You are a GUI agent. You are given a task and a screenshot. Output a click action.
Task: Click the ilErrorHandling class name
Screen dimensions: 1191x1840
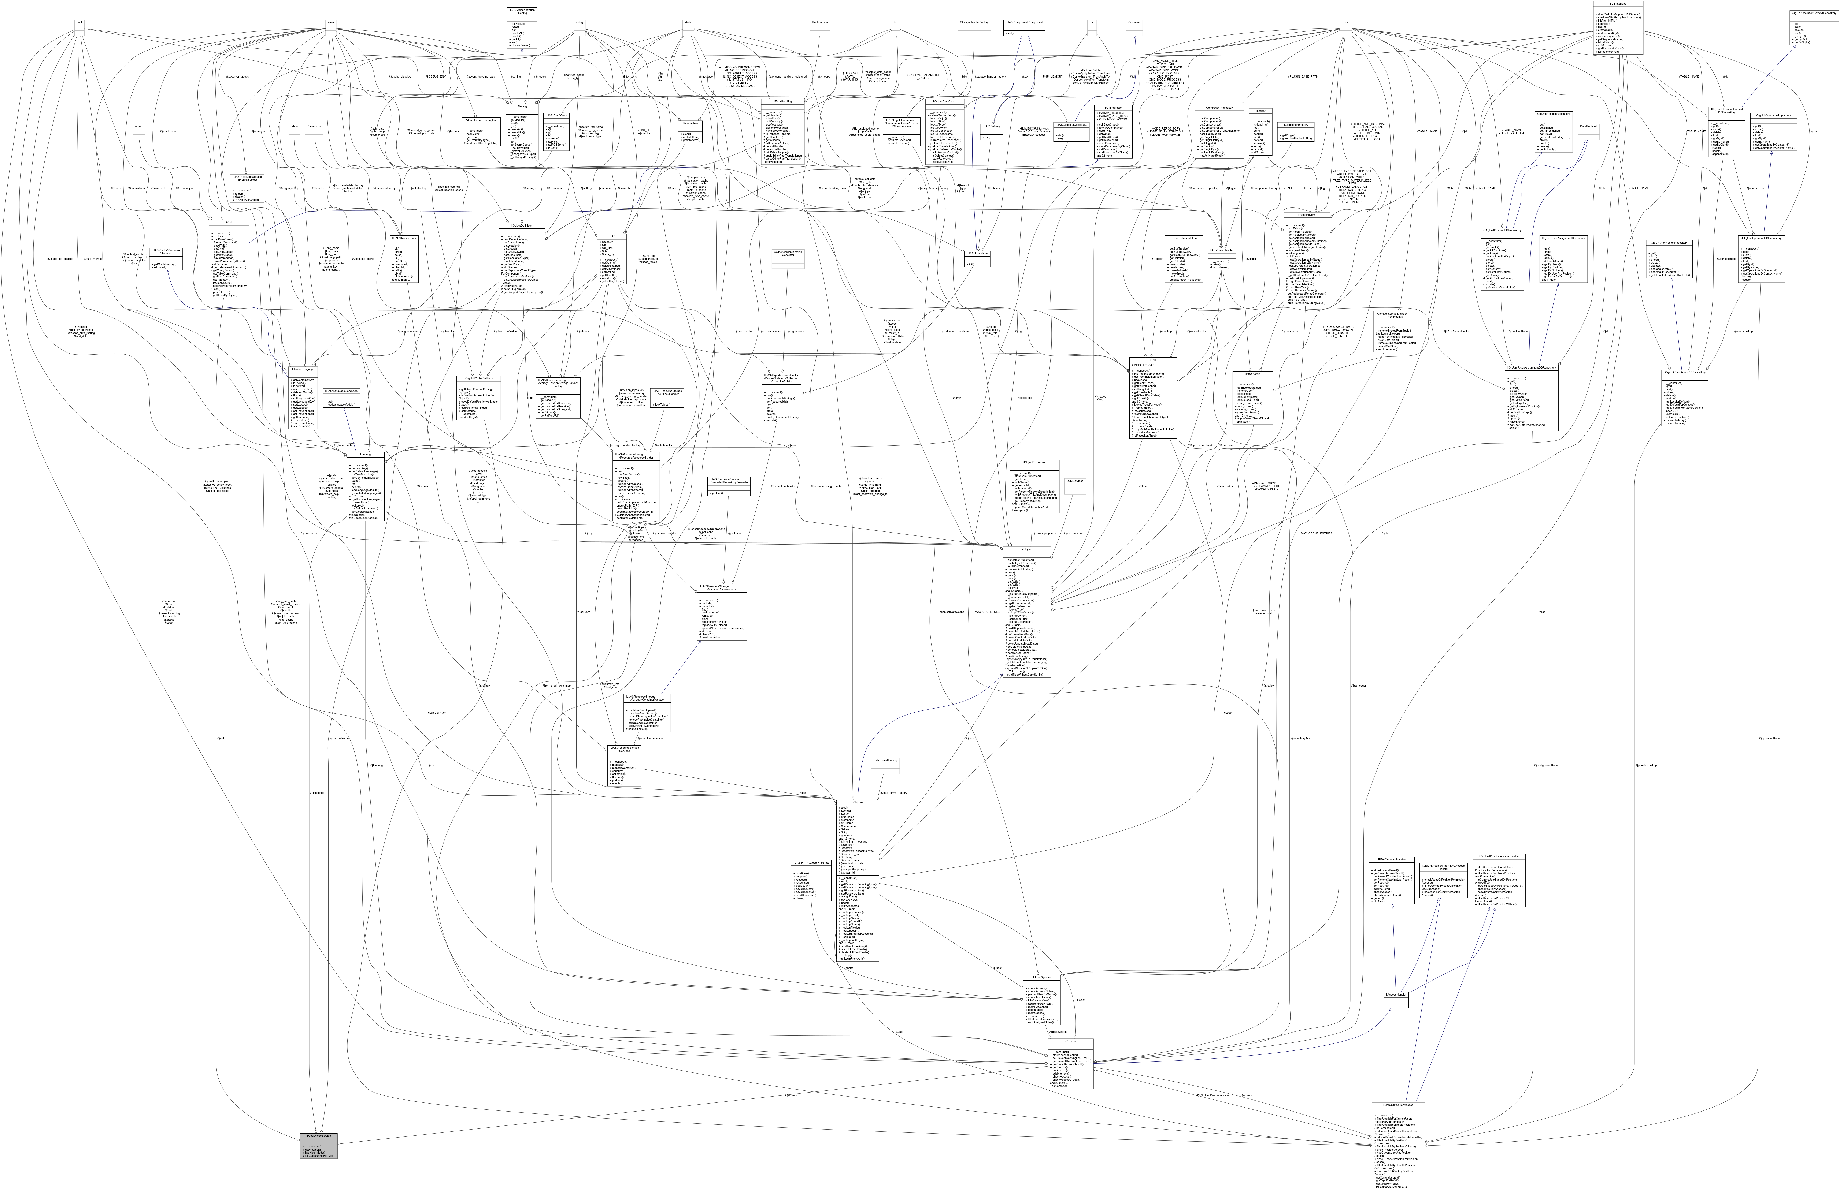pos(783,100)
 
